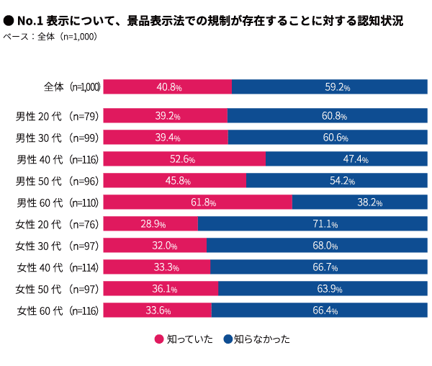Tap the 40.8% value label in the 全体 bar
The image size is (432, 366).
pos(168,87)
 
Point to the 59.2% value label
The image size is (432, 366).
pos(337,87)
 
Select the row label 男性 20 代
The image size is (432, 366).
pos(40,116)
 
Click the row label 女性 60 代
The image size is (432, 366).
pos(40,311)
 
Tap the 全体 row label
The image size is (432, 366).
pos(53,87)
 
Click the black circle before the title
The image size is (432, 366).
pos(9,22)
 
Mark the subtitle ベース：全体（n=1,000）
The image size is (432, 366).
pos(50,36)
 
